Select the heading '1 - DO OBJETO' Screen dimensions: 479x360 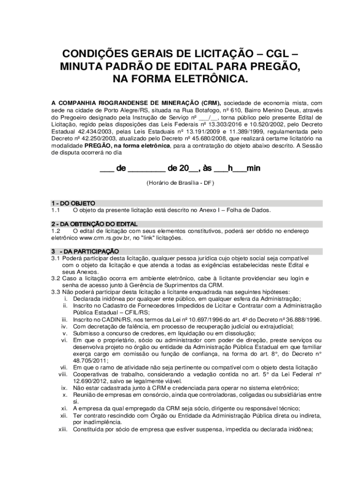(73, 203)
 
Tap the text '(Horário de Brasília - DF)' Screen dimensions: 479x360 (180, 183)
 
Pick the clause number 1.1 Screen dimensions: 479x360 (56, 210)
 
